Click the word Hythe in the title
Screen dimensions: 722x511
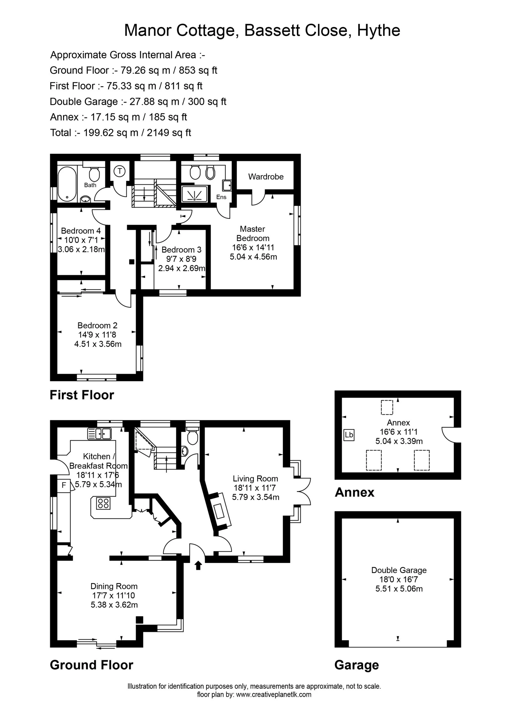379,31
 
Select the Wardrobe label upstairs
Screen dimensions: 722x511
266,177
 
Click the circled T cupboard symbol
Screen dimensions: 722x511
119,171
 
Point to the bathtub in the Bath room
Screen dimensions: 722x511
67,184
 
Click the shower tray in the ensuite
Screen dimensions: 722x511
195,193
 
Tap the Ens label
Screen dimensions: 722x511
221,197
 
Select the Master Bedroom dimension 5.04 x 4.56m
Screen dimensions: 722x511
253,257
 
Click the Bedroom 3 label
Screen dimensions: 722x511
181,250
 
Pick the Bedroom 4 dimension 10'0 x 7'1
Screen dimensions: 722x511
81,240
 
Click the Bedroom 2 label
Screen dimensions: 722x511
98,325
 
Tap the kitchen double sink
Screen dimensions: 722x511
99,434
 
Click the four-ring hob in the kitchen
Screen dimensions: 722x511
103,503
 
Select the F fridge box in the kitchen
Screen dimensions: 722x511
64,485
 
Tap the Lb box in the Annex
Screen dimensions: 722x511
349,435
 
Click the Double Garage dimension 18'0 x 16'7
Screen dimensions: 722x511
399,579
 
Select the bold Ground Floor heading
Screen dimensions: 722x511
92,665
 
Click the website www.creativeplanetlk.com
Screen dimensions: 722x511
274,694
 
